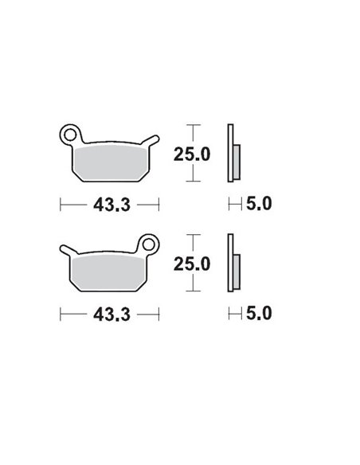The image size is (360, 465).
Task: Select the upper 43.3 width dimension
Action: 110,205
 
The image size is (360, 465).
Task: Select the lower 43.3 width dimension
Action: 110,314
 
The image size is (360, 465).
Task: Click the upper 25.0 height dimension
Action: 191,154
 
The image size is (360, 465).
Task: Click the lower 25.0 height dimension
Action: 191,264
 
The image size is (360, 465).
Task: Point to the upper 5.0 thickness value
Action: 258,205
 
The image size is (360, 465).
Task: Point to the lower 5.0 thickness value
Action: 258,314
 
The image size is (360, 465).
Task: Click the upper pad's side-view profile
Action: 231,154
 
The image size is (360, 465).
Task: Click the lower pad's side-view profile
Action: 231,264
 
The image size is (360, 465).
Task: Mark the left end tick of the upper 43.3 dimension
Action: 61,205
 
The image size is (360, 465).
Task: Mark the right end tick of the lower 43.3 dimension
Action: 159,314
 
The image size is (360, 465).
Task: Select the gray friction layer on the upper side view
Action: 237,162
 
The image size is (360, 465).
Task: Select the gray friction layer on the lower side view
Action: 237,271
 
